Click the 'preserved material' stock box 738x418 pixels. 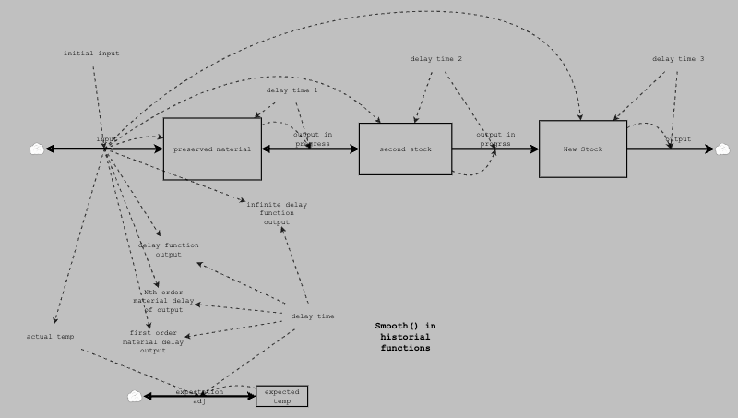tap(213, 149)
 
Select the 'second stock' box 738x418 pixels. tap(405, 149)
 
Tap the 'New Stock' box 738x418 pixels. tap(582, 148)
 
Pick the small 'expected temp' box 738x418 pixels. tap(281, 396)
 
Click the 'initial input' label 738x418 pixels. tap(91, 54)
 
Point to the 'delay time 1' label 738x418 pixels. tap(292, 90)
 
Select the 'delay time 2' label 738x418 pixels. tap(436, 59)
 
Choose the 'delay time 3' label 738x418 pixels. tap(678, 59)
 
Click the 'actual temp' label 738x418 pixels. tap(50, 337)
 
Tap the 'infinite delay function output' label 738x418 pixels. tap(277, 212)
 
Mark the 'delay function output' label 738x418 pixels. tap(169, 249)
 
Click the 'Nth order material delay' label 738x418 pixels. tap(163, 301)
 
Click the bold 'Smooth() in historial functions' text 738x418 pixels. tap(405, 337)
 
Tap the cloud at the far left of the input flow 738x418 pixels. tap(36, 149)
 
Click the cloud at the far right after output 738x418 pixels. tap(722, 149)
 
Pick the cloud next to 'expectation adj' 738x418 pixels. tap(135, 396)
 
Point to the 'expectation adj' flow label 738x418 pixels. tap(199, 397)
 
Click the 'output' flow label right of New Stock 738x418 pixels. tap(678, 139)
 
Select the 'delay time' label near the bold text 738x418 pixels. tap(313, 316)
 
